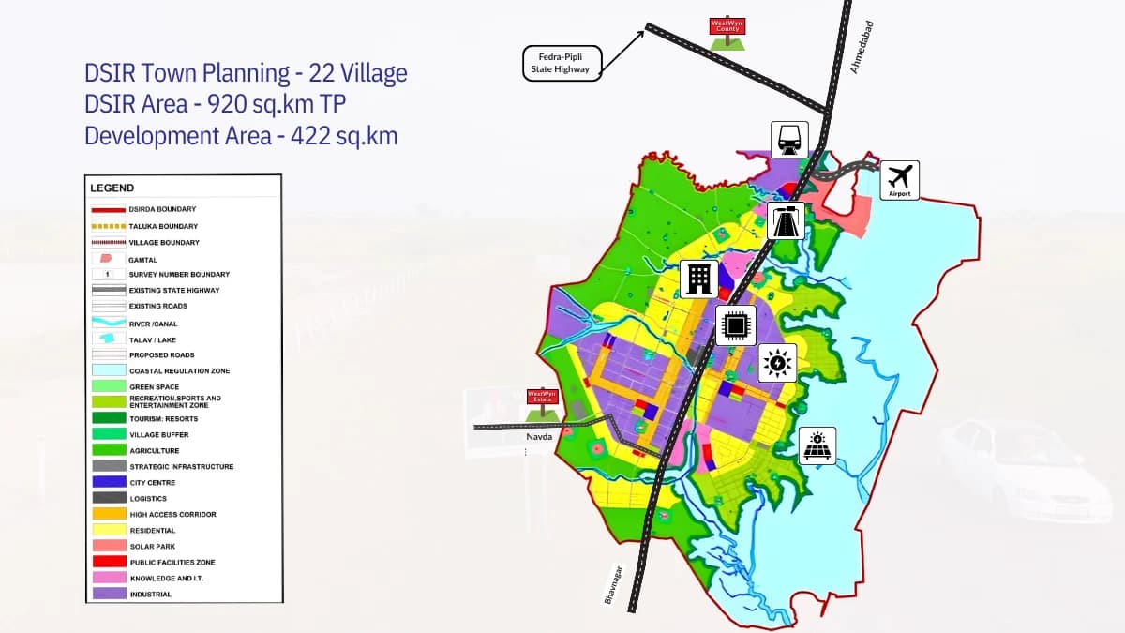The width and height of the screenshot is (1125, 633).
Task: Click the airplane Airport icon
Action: [x=899, y=178]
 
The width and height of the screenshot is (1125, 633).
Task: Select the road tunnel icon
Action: [x=786, y=221]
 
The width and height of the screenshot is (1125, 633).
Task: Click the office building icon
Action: [x=699, y=279]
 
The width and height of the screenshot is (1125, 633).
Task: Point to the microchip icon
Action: [x=736, y=325]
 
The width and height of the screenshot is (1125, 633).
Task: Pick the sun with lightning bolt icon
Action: [x=777, y=362]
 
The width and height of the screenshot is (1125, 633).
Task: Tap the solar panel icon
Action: [x=817, y=445]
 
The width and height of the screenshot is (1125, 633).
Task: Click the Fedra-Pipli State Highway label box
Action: [x=561, y=63]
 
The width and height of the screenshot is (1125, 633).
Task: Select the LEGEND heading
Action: [x=112, y=188]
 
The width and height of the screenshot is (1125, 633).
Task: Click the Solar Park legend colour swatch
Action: [x=109, y=546]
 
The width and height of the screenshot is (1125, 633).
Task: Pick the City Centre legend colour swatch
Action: [x=109, y=482]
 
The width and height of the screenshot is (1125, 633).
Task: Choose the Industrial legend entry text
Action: [x=150, y=595]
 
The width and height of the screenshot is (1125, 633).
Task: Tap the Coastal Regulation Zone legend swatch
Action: [x=109, y=371]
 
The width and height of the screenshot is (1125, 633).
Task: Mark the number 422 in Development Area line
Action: [x=292, y=136]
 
